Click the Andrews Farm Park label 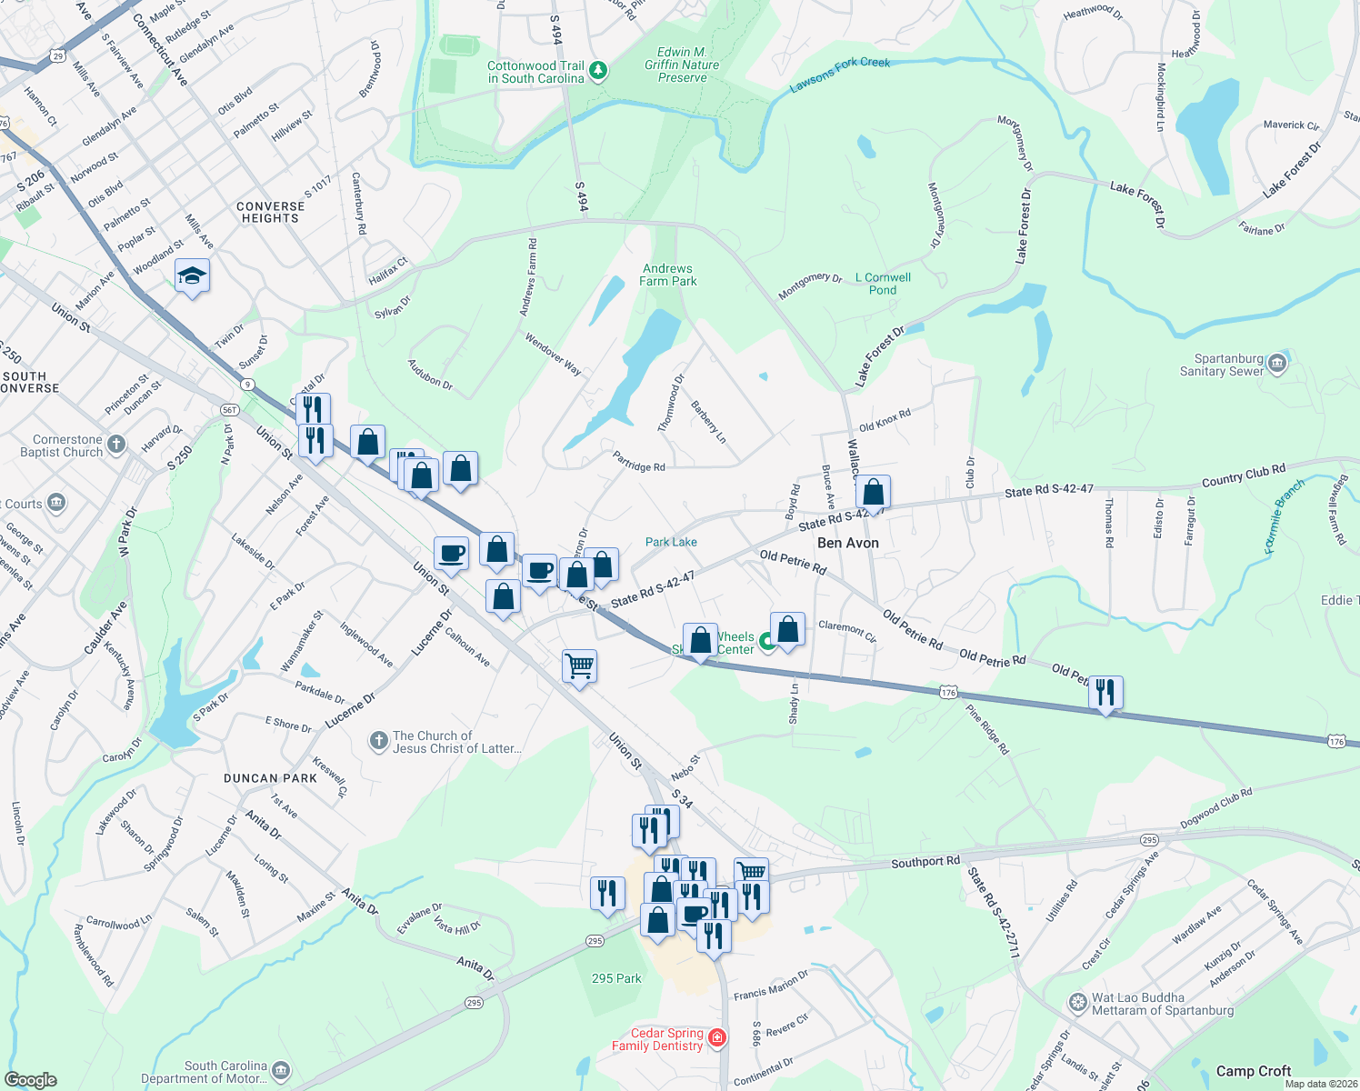(667, 275)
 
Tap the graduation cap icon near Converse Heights (192, 275)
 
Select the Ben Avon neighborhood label (847, 543)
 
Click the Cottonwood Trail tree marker (598, 71)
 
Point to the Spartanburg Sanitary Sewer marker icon (1277, 364)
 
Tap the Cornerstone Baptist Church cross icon (115, 445)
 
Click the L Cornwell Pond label (883, 284)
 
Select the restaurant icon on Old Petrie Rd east (1105, 693)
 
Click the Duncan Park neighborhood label (271, 778)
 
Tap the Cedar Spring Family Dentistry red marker (717, 1038)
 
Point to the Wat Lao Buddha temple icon (1077, 1004)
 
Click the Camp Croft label (1254, 1071)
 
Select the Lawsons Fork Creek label (840, 75)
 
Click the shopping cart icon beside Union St (579, 666)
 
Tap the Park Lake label (671, 542)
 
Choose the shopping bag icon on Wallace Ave (873, 493)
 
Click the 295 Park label (616, 978)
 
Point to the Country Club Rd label (1243, 475)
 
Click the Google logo (31, 1080)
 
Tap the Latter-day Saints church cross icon (378, 742)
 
